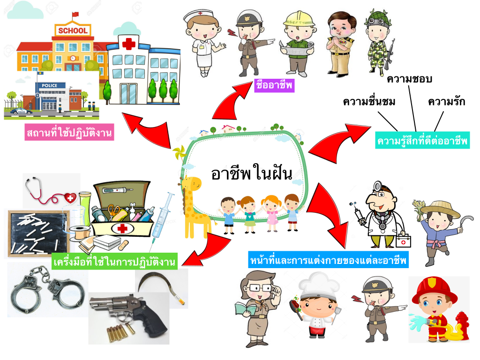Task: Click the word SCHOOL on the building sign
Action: coord(72,31)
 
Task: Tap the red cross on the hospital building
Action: coord(128,44)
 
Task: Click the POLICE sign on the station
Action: coord(50,86)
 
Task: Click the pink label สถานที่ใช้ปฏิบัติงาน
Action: coord(70,134)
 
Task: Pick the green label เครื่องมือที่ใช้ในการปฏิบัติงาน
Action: coord(114,262)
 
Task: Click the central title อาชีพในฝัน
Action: coord(251,173)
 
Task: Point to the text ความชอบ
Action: coord(409,79)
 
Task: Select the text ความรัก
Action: coord(446,101)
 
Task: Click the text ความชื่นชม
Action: coord(369,101)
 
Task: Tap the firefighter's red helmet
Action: coord(434,288)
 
